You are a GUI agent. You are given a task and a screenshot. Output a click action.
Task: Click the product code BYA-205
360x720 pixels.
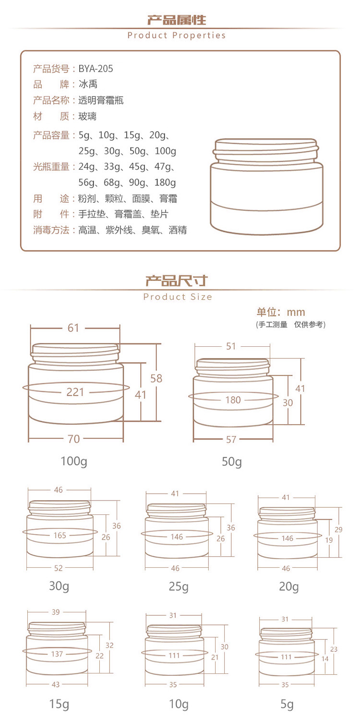tap(96, 69)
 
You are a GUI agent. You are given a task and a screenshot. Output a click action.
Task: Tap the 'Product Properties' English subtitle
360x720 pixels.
tap(177, 36)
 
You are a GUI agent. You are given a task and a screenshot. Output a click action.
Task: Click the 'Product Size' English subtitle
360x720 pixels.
tap(178, 297)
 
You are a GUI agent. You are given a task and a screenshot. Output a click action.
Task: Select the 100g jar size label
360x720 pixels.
tap(74, 461)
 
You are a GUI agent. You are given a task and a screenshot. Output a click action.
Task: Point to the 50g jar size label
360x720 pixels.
tap(231, 462)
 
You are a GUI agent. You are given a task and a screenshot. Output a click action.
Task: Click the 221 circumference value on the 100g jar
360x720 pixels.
tap(75, 392)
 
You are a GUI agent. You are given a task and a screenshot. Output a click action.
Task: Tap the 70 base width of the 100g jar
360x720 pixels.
tap(73, 439)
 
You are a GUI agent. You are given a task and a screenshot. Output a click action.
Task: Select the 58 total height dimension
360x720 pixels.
tap(156, 378)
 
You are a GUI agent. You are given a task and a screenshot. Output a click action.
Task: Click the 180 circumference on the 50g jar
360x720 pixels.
tap(233, 400)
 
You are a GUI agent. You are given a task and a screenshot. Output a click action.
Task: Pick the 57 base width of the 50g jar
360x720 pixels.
tap(231, 439)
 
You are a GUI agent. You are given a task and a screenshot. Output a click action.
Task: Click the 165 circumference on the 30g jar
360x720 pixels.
tap(60, 535)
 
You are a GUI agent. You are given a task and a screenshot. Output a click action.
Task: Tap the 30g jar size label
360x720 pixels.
tap(59, 586)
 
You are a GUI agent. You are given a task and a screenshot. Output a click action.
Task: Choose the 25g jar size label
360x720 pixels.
tap(179, 586)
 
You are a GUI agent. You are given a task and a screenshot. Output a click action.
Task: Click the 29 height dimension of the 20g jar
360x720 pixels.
tap(338, 529)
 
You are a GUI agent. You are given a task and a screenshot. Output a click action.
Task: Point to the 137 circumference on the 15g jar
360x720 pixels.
tap(57, 654)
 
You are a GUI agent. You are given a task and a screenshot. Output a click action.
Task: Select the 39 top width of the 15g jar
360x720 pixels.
tap(56, 612)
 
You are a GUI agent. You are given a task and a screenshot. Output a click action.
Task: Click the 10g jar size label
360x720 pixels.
tap(179, 704)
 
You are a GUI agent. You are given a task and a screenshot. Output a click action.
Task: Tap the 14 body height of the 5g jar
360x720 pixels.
tap(325, 659)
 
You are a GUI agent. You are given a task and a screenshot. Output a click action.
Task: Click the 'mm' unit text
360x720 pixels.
tap(296, 312)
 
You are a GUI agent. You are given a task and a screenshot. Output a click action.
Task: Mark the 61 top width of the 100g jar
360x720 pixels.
tap(73, 328)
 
